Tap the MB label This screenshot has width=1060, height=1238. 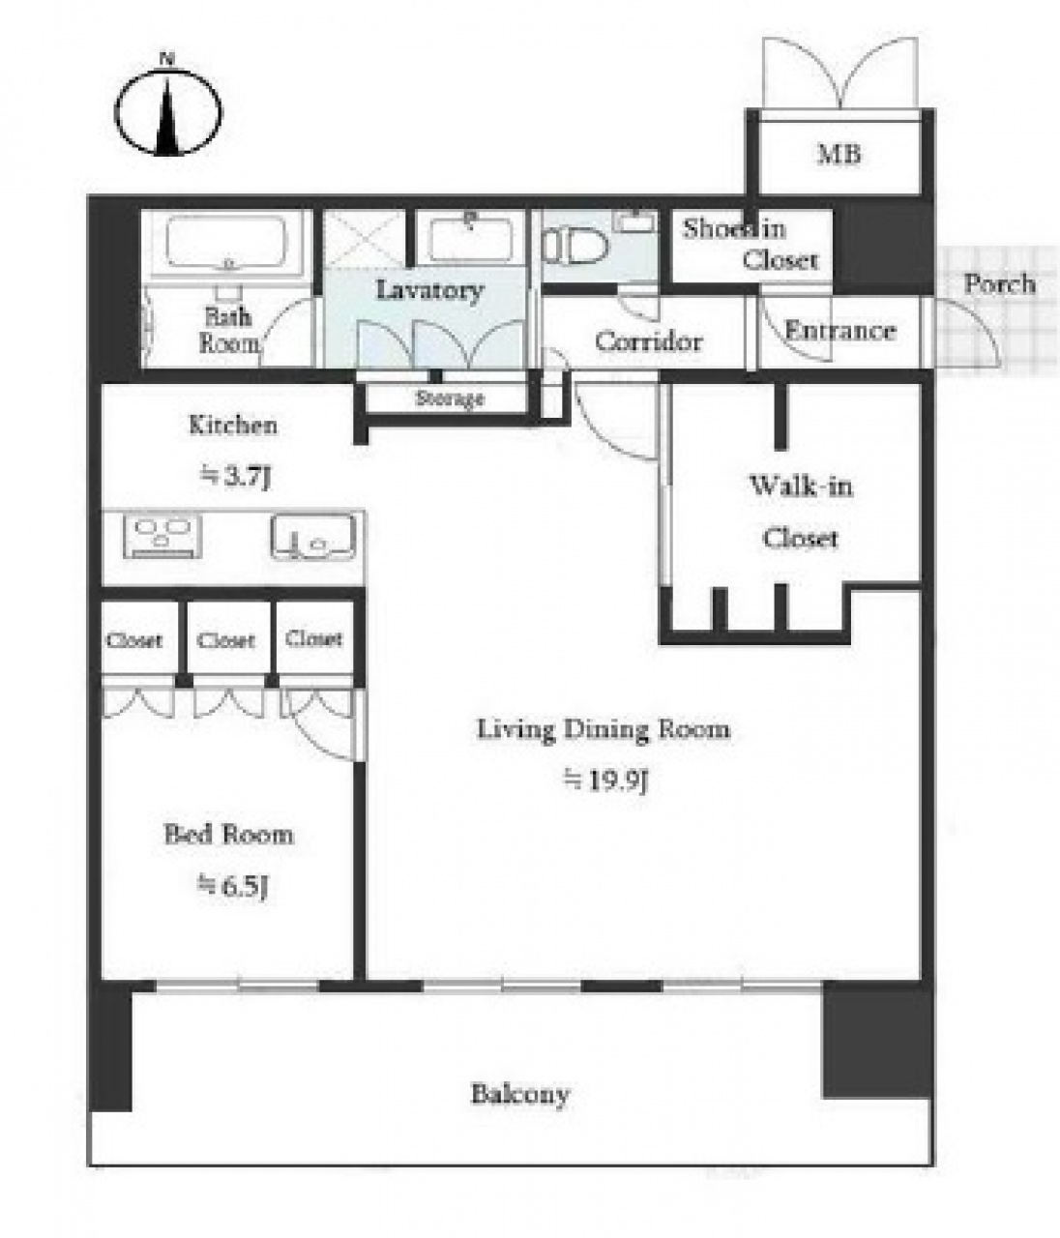(x=839, y=155)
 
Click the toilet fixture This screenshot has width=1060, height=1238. (x=574, y=247)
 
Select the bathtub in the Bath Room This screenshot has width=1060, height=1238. (x=226, y=243)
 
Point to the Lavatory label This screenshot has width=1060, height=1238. (x=430, y=290)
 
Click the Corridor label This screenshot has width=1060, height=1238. (x=649, y=341)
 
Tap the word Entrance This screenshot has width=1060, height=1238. (x=840, y=331)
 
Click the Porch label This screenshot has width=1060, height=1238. (x=999, y=284)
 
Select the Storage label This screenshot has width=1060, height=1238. (x=449, y=398)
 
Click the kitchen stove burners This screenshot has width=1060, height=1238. (x=162, y=534)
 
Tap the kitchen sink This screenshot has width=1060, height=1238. (x=313, y=536)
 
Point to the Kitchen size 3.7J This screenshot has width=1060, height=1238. (x=235, y=478)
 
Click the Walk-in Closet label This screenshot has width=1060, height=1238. (x=801, y=512)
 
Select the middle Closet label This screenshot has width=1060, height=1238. (x=225, y=641)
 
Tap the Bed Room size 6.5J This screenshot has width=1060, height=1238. (x=232, y=886)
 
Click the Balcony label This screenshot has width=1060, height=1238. (x=519, y=1094)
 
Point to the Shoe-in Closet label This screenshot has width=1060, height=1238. (x=751, y=245)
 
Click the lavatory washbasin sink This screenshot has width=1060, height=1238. (x=471, y=239)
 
